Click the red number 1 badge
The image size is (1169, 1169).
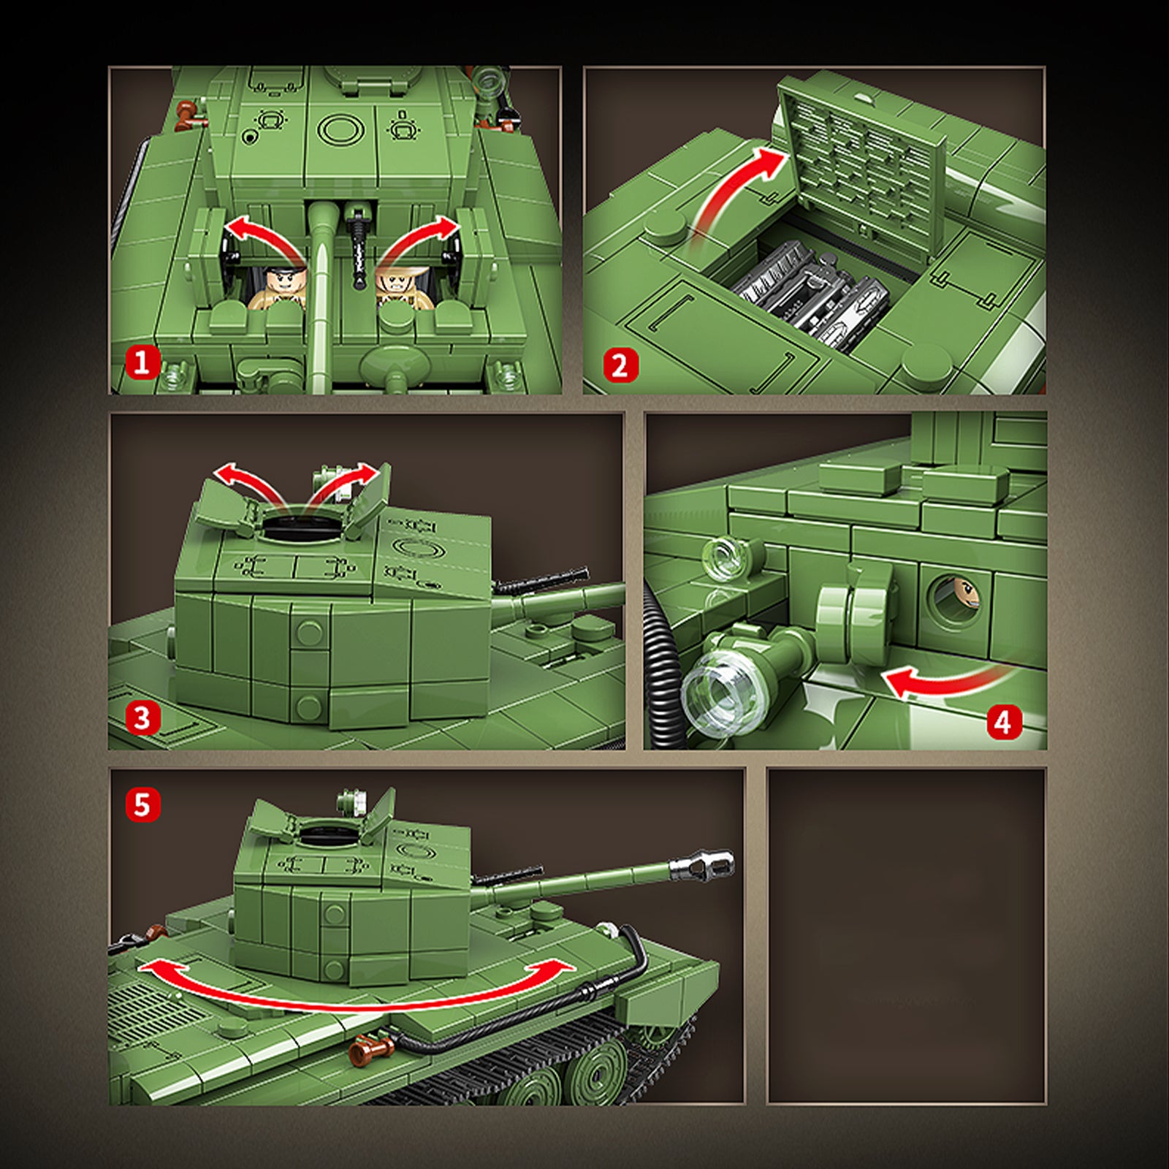(142, 362)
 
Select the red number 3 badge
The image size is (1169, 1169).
(142, 718)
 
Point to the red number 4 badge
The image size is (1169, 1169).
(1005, 723)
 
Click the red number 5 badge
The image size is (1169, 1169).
(142, 805)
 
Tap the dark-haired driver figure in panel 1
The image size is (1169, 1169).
(280, 289)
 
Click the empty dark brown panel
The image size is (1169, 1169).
(907, 936)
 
